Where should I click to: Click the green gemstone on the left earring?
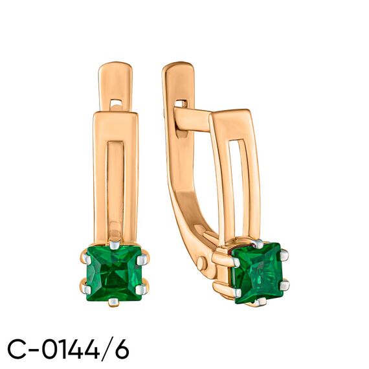[x=115, y=273]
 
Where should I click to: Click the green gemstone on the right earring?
[x=258, y=273]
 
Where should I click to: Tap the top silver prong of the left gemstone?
[x=115, y=245]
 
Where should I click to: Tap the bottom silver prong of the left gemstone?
[x=114, y=302]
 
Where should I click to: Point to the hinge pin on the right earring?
[x=202, y=263]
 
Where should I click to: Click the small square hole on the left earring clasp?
[x=117, y=102]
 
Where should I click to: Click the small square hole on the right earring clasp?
[x=182, y=104]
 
